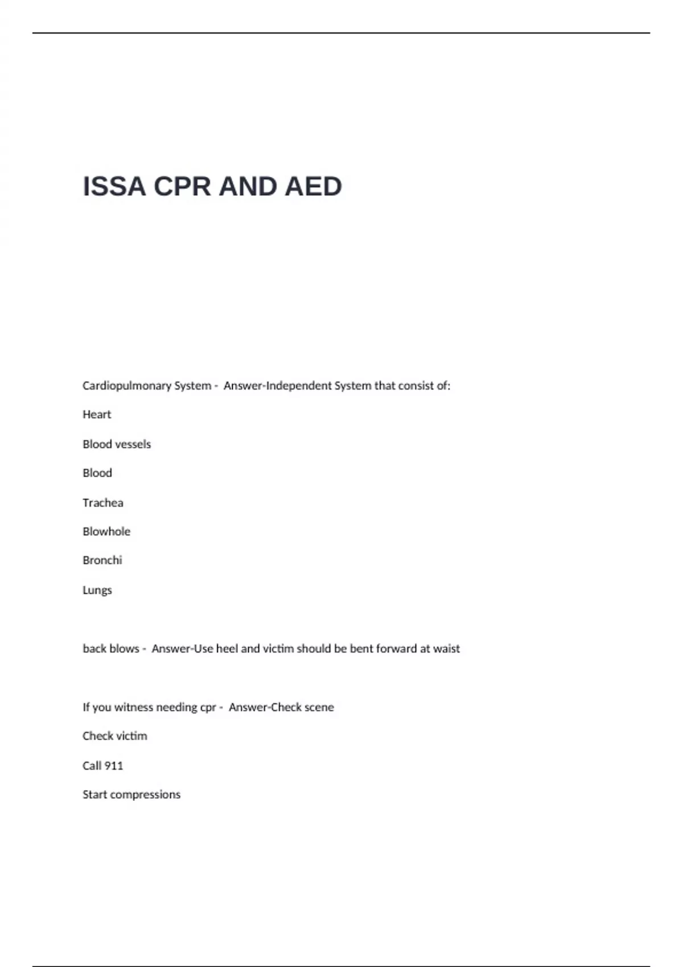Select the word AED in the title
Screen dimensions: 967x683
313,187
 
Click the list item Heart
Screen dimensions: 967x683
97,415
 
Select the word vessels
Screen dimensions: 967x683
133,444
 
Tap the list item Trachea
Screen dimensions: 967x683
102,503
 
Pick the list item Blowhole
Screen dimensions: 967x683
106,531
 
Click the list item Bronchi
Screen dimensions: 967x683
102,560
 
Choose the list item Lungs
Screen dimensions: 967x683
97,590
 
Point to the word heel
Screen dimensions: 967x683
227,648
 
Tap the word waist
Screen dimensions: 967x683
446,648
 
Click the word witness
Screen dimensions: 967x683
133,707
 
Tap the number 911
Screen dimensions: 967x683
114,766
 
